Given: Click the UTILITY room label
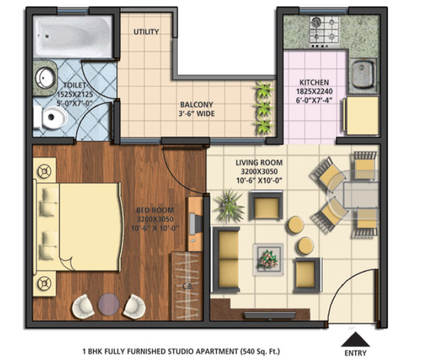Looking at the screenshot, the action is pyautogui.click(x=146, y=32).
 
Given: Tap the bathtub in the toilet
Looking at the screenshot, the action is pyautogui.click(x=72, y=36).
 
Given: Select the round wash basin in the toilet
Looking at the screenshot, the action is pyautogui.click(x=45, y=78).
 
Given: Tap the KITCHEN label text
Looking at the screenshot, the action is pyautogui.click(x=314, y=82).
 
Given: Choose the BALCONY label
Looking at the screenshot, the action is pyautogui.click(x=196, y=104).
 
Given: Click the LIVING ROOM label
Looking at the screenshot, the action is pyautogui.click(x=259, y=163).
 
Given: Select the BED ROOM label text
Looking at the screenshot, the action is pyautogui.click(x=155, y=210).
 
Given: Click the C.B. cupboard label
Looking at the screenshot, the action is pyautogui.click(x=188, y=286).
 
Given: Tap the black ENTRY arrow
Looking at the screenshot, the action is pyautogui.click(x=355, y=339).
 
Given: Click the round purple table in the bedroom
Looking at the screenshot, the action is pyautogui.click(x=109, y=304).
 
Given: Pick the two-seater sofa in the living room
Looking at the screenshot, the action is pyautogui.click(x=226, y=259).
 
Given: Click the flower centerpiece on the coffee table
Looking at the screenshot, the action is pyautogui.click(x=268, y=259).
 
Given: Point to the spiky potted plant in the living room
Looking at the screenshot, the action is pyautogui.click(x=229, y=205).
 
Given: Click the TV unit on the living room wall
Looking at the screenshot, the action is pyautogui.click(x=271, y=315).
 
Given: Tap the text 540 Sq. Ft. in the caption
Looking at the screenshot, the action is pyautogui.click(x=260, y=351).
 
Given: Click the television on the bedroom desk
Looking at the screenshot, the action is pyautogui.click(x=195, y=224).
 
